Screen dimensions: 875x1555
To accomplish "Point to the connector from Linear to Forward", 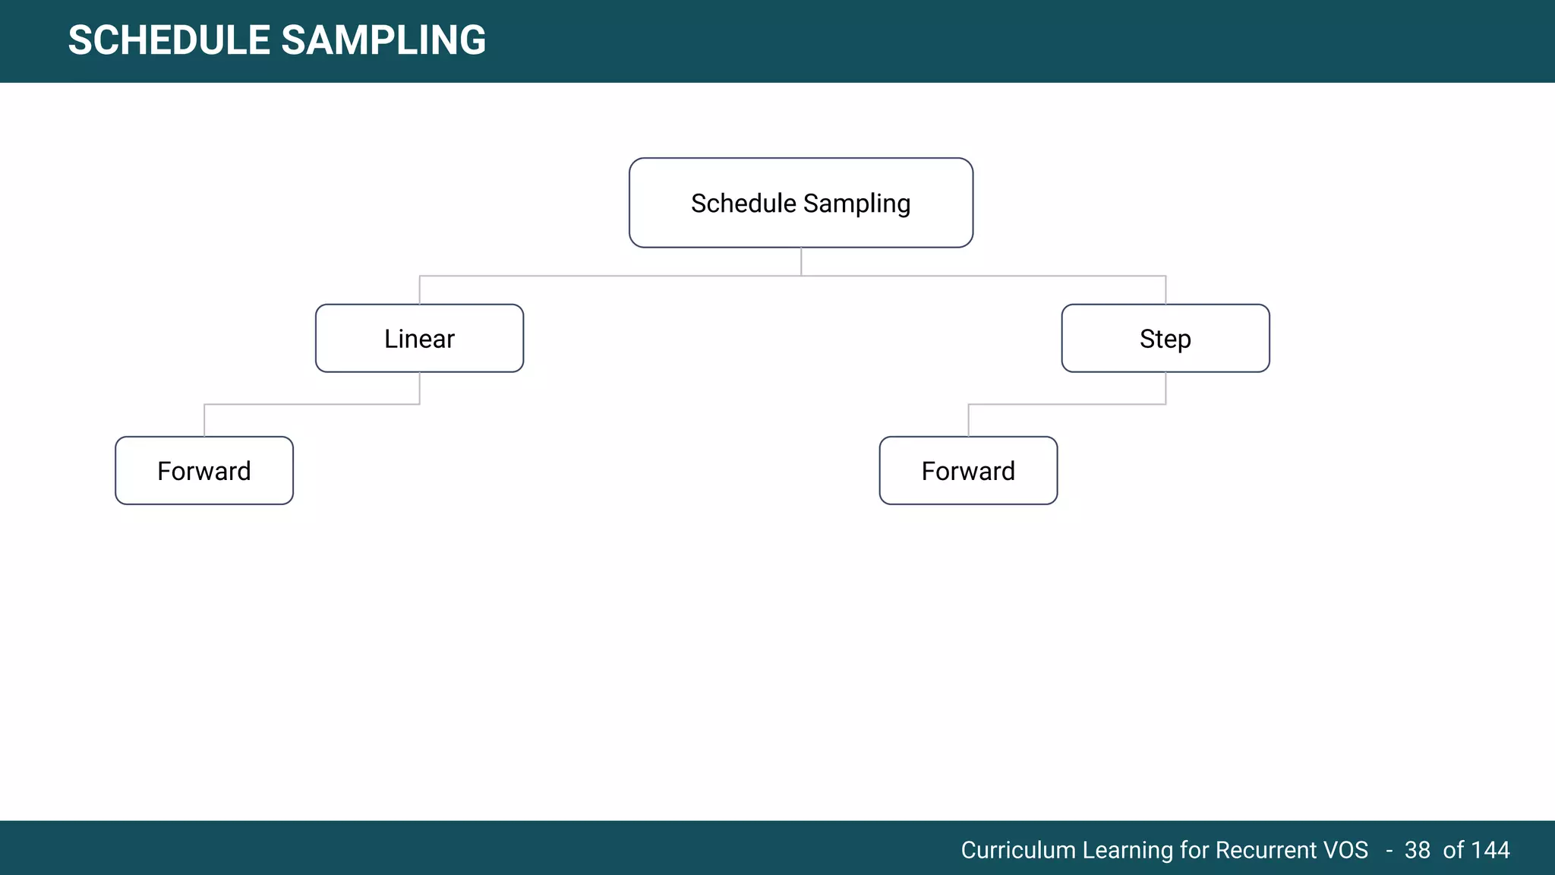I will point(311,404).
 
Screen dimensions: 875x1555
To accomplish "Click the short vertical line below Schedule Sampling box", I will point(801,261).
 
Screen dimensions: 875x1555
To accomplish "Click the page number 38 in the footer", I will point(1417,850).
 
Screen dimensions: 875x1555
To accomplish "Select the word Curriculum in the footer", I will point(1017,850).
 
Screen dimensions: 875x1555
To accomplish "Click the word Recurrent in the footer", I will point(1266,850).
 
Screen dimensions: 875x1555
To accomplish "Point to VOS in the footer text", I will point(1345,850).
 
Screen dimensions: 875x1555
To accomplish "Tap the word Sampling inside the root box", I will point(856,204).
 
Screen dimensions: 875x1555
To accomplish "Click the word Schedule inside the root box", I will point(743,204).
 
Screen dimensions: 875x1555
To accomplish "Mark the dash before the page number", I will point(1389,851).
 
